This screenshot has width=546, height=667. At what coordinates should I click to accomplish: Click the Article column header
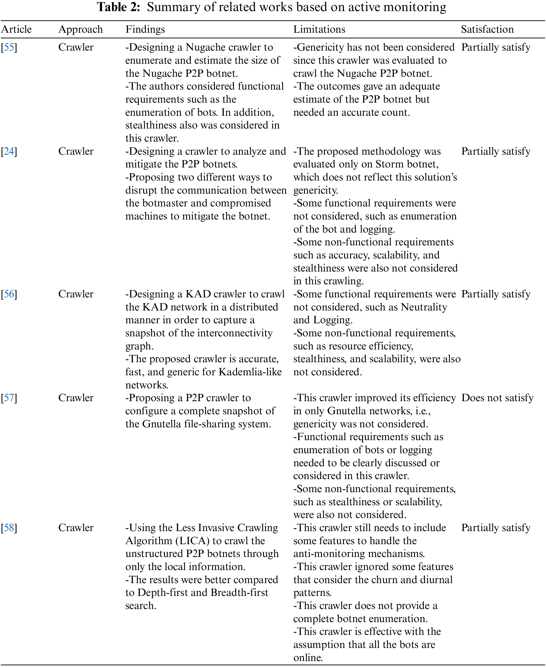[16, 29]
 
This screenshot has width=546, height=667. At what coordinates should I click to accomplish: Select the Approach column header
[80, 29]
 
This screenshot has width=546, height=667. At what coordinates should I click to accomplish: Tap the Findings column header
[145, 29]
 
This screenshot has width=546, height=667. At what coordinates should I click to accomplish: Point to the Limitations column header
[319, 29]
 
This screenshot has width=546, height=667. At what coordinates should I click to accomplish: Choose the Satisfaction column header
[487, 29]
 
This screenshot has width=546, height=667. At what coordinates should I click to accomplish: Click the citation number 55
[9, 47]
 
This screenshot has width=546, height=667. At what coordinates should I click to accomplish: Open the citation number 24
[9, 151]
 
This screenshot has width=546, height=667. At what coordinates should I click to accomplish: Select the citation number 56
[9, 294]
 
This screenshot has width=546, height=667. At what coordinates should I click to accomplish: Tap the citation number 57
[9, 398]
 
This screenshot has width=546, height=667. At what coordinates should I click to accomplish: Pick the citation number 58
[9, 528]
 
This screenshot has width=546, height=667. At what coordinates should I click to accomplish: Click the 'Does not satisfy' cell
[497, 398]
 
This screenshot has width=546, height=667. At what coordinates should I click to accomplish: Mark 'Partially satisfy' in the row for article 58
[496, 528]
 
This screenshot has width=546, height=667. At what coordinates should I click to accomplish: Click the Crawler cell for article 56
[76, 294]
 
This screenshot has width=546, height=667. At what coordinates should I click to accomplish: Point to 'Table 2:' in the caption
[118, 7]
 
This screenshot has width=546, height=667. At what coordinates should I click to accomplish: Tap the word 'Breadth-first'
[239, 593]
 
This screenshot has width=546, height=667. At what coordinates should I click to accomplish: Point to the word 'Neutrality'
[424, 307]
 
